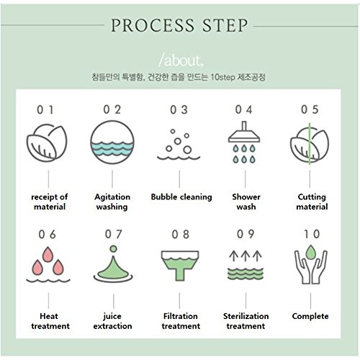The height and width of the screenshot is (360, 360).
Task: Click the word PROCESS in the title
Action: click(153, 25)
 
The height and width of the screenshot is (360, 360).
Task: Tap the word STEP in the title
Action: click(225, 25)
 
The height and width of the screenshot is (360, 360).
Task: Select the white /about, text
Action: click(181, 60)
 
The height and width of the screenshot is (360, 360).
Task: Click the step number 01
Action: click(45, 110)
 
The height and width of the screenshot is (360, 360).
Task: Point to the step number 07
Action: click(114, 234)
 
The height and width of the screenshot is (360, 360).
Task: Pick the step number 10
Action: click(312, 234)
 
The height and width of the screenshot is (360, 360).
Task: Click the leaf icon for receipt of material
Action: click(47, 143)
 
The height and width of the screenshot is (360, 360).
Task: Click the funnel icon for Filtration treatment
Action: click(180, 265)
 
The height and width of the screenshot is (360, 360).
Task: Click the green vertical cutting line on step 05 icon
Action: click(310, 143)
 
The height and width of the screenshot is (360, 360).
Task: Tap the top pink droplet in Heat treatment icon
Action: click(48, 254)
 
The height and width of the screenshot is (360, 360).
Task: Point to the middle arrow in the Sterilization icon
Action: click(246, 256)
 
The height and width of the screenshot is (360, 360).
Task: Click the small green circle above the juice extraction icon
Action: click(113, 249)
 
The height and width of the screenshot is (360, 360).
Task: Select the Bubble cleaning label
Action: click(181, 197)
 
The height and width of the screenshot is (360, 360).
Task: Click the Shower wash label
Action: click(246, 202)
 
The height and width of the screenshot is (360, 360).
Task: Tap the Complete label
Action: click(310, 316)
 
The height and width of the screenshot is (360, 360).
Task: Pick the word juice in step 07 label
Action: click(112, 316)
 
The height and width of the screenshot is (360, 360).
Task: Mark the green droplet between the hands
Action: click(310, 252)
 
